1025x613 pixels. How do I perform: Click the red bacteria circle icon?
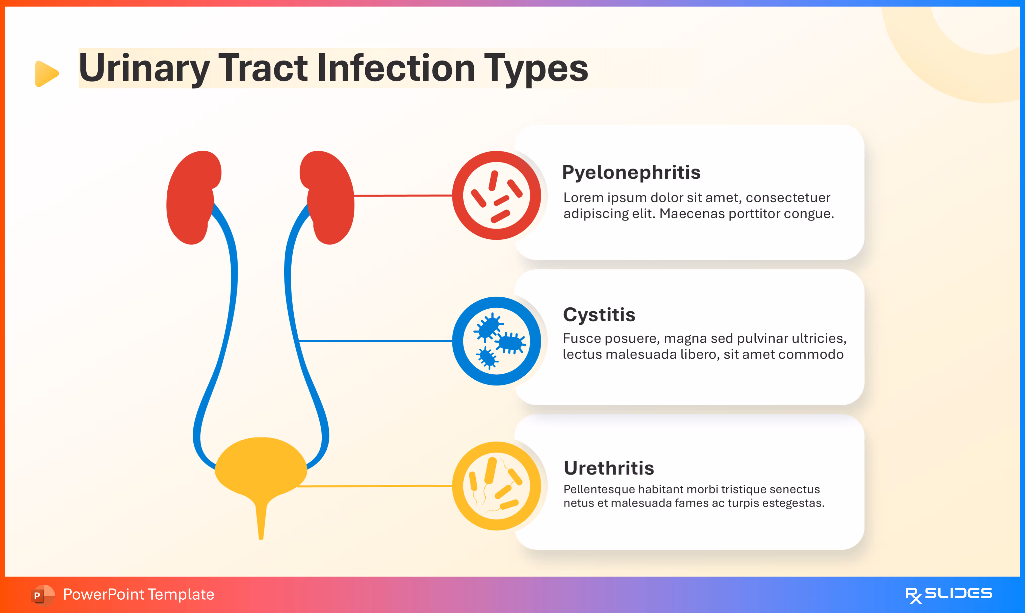(x=496, y=196)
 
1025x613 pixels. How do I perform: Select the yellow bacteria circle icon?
(x=496, y=486)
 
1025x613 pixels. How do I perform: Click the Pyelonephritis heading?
(x=631, y=172)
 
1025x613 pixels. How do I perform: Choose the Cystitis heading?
(x=599, y=315)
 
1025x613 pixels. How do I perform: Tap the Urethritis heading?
(x=609, y=468)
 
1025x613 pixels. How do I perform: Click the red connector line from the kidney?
(x=403, y=196)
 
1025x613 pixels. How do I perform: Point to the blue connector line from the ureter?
(x=374, y=341)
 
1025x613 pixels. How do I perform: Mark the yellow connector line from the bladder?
(x=374, y=486)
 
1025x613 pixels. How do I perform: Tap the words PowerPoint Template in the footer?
(x=138, y=594)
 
